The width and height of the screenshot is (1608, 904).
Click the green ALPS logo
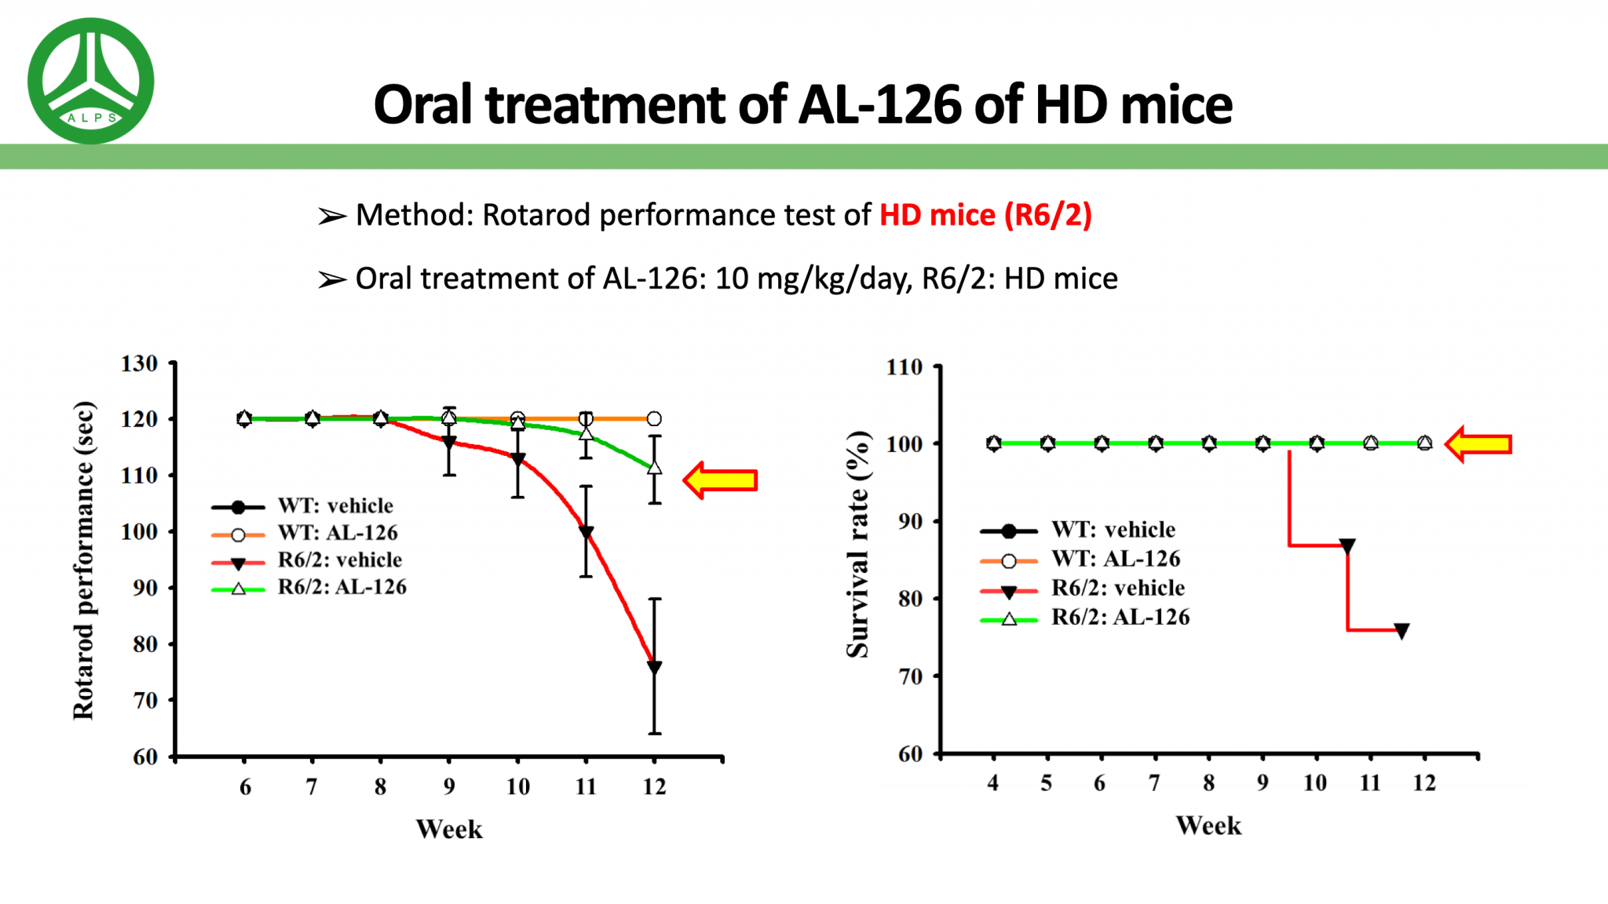pyautogui.click(x=90, y=80)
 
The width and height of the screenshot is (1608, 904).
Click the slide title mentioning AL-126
pyautogui.click(x=802, y=104)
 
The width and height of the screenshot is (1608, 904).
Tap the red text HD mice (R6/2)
pyautogui.click(x=985, y=215)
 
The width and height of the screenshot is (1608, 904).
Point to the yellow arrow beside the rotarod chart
pyautogui.click(x=721, y=480)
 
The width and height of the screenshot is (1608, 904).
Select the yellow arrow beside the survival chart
pyautogui.click(x=1479, y=444)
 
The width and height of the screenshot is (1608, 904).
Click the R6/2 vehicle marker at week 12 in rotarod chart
pyautogui.click(x=654, y=668)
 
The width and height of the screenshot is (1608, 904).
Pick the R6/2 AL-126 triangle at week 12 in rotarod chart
pyautogui.click(x=654, y=468)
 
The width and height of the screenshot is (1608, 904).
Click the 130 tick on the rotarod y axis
pyautogui.click(x=140, y=363)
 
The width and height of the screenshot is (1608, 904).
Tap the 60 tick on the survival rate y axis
pyautogui.click(x=911, y=754)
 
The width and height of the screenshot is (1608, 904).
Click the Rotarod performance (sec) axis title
pyautogui.click(x=83, y=560)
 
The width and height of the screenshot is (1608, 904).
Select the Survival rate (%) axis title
pyautogui.click(x=857, y=544)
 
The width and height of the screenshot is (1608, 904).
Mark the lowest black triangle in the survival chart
pyautogui.click(x=1402, y=631)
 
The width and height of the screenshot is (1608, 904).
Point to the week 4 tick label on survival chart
pyautogui.click(x=993, y=783)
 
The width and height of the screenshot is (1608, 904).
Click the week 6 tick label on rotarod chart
pyautogui.click(x=245, y=787)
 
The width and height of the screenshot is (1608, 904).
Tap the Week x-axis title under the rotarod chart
pyautogui.click(x=449, y=829)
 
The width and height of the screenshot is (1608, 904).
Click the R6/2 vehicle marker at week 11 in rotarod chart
pyautogui.click(x=586, y=533)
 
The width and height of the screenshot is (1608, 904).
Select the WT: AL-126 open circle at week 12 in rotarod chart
pyautogui.click(x=654, y=418)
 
